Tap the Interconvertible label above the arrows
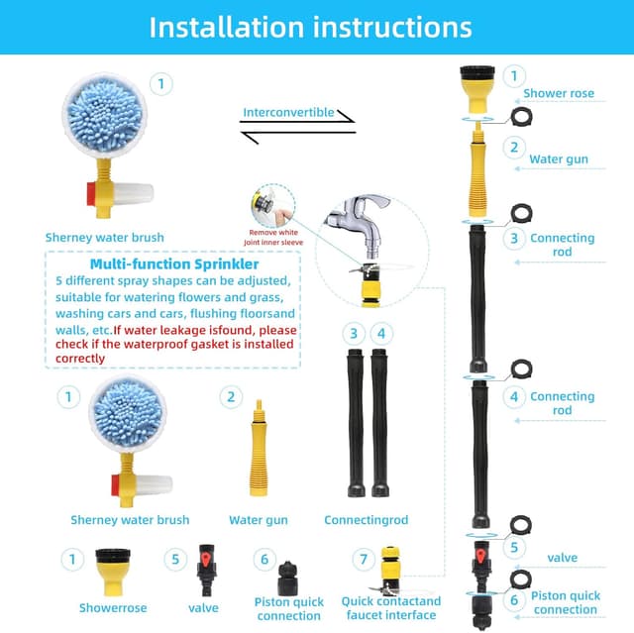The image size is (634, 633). (x=288, y=112)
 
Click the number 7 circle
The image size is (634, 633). (x=364, y=560)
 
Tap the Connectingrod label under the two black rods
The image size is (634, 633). (x=366, y=519)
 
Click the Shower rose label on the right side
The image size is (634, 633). (x=559, y=94)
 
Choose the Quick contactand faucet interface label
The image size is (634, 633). (x=391, y=607)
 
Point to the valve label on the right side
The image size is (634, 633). (x=562, y=558)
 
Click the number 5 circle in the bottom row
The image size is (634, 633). (x=175, y=560)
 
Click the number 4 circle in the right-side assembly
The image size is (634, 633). (x=513, y=396)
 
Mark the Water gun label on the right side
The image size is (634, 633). (x=559, y=158)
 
